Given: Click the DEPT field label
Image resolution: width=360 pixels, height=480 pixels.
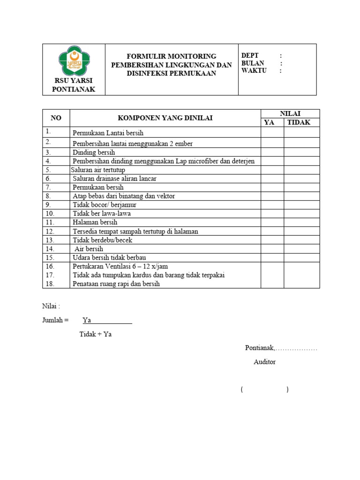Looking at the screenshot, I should coord(250,55).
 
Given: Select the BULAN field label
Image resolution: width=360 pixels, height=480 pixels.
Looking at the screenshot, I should coord(253,63).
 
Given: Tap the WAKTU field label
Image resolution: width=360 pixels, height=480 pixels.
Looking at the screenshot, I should coord(254,71).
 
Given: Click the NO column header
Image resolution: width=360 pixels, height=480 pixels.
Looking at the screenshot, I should coord(56,118).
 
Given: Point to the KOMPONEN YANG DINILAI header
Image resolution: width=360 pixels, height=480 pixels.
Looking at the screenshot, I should coord(165,118).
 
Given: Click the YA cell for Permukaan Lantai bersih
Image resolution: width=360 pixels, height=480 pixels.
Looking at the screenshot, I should coord(272,132).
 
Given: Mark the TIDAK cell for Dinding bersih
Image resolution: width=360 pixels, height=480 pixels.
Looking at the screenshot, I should coord(301,152).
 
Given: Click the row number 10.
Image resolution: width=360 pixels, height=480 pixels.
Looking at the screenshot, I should coord(50,213).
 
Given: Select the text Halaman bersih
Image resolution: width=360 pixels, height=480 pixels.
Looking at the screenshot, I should coord(95,222).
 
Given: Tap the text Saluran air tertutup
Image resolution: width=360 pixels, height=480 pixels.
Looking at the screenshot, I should coord(98,170).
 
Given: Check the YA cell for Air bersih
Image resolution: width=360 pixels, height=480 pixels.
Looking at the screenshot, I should coord(272,249).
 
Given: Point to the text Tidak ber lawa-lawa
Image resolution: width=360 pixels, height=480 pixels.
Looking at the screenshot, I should coord(102,213).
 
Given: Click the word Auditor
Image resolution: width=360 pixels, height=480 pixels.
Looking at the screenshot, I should coord(264,362).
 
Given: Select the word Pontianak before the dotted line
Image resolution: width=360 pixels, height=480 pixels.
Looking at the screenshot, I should coord(259,348).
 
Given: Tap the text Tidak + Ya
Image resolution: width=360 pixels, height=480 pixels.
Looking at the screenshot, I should coord(96,334).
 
